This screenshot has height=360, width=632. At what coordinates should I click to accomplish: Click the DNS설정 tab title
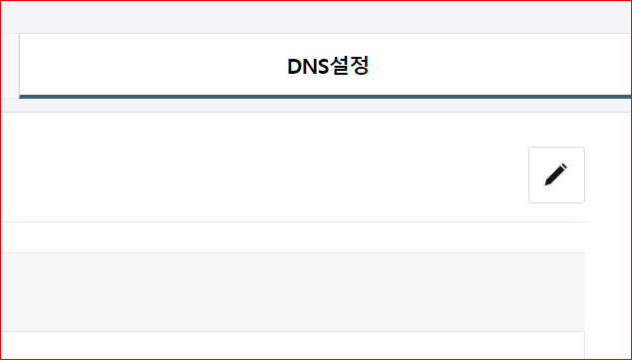(x=328, y=68)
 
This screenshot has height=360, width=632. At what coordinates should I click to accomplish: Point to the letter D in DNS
(x=294, y=68)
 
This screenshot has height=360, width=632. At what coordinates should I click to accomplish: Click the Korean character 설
(x=340, y=68)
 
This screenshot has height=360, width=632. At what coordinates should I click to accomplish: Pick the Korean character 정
(x=360, y=68)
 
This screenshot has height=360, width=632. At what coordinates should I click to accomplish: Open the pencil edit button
(x=556, y=175)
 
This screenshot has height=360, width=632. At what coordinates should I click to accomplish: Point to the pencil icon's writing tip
(x=547, y=183)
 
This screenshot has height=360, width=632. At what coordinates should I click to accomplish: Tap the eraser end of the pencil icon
(x=564, y=167)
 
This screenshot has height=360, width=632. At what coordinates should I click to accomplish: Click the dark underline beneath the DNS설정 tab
(x=328, y=97)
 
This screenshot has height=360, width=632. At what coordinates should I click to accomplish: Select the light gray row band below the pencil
(x=289, y=291)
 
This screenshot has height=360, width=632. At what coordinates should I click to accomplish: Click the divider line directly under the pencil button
(x=556, y=221)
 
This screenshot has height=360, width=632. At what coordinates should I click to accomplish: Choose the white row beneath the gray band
(x=289, y=345)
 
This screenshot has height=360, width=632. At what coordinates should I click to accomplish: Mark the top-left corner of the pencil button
(x=529, y=148)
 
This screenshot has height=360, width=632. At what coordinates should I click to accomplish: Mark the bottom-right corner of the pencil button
(x=584, y=202)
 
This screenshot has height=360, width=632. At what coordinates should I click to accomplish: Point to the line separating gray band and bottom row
(x=289, y=331)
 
